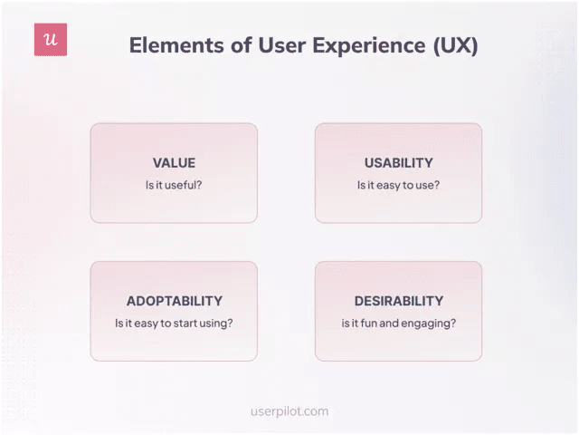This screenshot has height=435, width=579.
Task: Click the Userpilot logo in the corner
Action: pos(51,40)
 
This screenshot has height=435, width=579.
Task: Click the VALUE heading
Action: pos(174,163)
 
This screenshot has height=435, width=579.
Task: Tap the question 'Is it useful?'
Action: pos(174,185)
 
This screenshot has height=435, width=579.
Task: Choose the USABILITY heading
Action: pos(398,163)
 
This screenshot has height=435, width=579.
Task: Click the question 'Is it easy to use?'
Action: pos(398,185)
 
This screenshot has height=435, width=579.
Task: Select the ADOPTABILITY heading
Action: pos(174,301)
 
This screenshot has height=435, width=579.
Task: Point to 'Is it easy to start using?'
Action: pos(174,323)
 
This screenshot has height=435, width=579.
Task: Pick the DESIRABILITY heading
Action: pos(398,301)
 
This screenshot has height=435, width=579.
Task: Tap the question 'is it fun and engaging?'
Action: pos(398,323)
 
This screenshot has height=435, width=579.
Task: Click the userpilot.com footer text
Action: pos(289,411)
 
